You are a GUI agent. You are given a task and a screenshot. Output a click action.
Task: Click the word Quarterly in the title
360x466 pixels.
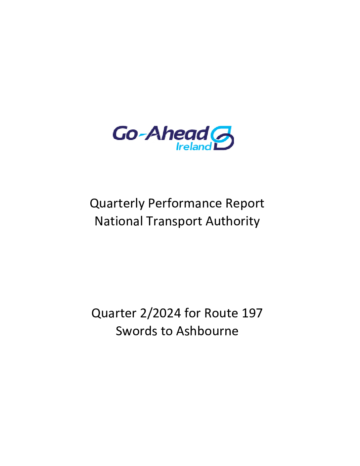(117, 204)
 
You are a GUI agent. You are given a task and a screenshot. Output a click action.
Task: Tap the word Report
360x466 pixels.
(245, 204)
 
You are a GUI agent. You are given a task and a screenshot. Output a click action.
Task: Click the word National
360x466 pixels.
(119, 221)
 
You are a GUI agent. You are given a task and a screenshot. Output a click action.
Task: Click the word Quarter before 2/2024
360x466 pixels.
(114, 313)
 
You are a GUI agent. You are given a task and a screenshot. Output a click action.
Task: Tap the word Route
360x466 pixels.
(221, 313)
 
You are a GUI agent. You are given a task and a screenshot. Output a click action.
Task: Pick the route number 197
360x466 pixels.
(252, 313)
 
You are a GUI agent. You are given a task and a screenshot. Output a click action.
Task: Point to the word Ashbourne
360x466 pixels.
(207, 331)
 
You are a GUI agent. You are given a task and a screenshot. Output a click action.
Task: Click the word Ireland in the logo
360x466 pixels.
(194, 147)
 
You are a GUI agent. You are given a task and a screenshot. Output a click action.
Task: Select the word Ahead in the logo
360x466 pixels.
(177, 133)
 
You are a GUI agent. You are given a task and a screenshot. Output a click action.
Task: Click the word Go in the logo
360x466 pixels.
(125, 134)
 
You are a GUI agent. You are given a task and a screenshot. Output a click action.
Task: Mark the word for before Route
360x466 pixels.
(193, 313)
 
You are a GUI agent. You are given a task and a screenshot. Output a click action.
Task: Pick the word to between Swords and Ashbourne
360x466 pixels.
(167, 332)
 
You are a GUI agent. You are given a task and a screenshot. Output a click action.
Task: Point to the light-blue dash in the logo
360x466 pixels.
(142, 135)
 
